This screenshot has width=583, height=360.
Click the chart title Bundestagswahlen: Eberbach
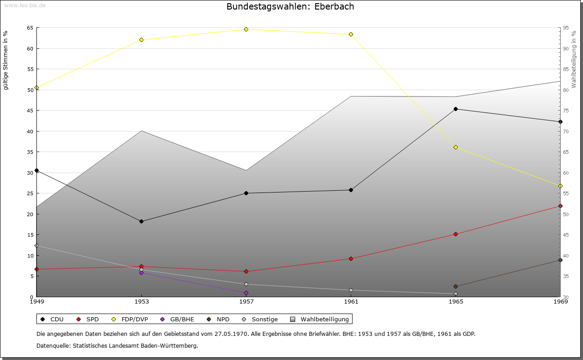(290, 6)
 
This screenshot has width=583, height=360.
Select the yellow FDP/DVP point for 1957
(246, 29)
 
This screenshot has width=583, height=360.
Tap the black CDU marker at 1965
(455, 109)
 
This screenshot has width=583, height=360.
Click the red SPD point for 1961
(351, 259)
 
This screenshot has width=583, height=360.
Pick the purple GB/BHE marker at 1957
(246, 293)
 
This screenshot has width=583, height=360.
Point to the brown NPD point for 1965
(455, 286)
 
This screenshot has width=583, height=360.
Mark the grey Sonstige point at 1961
(351, 290)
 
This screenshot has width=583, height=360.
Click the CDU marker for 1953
(141, 221)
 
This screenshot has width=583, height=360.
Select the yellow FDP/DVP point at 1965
(455, 147)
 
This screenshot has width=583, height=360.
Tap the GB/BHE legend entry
(182, 319)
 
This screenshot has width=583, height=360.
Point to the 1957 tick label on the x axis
(246, 301)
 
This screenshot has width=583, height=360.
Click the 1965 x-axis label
(455, 301)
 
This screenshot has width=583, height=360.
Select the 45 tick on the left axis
(30, 111)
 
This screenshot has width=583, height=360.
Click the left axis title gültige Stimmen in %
(5, 60)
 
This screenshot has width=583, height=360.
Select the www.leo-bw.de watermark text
(23, 5)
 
